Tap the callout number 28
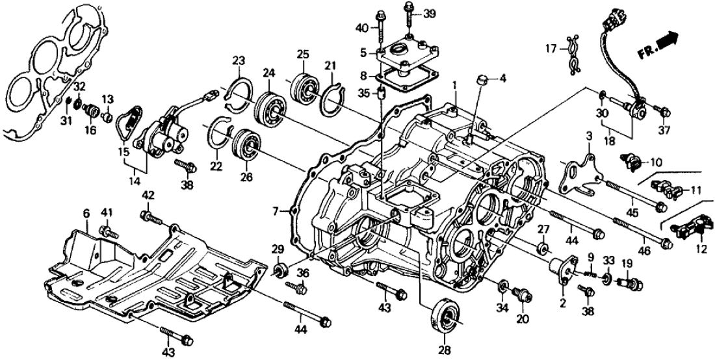point(445,352)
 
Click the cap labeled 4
point(482,80)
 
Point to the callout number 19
point(626,263)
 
